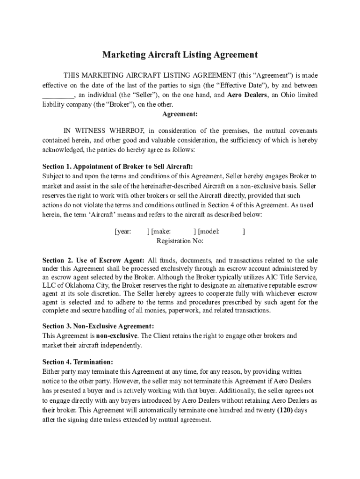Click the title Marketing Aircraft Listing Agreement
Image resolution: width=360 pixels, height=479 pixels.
(x=180, y=55)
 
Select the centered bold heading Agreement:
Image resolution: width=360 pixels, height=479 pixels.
(x=180, y=114)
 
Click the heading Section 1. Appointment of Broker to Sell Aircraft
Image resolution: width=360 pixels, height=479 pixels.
(x=117, y=167)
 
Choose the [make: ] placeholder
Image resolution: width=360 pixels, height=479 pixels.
(x=171, y=231)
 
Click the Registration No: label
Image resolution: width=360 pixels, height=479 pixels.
(x=180, y=241)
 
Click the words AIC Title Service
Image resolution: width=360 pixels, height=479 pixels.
(x=290, y=277)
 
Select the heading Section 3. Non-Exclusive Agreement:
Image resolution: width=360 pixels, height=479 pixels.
(x=98, y=326)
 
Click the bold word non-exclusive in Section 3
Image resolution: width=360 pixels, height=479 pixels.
(x=117, y=336)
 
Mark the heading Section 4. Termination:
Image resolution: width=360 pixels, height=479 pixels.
(x=78, y=362)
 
